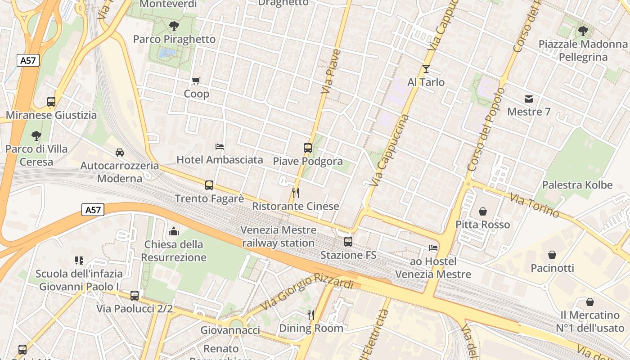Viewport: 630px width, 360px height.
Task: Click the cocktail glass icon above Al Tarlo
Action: pos(426,69)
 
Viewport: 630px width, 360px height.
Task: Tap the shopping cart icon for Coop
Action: pos(196,81)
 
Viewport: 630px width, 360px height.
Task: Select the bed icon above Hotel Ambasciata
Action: pos(220,147)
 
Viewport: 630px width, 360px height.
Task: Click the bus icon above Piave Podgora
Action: pos(308,148)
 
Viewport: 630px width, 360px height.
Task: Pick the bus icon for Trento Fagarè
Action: pos(209,185)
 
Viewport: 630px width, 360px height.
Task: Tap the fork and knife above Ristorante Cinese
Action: pos(296,193)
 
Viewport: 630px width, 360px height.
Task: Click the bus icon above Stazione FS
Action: pos(348,242)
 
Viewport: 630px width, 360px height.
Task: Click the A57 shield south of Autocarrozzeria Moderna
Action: pos(93,210)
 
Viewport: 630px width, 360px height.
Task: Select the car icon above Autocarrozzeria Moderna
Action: pos(120,153)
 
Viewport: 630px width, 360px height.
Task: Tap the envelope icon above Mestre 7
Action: pos(529,99)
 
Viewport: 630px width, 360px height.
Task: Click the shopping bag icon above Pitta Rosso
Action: pos(483,211)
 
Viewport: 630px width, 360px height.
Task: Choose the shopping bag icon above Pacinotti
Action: pos(552,255)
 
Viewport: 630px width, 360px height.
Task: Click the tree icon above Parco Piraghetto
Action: pos(174,26)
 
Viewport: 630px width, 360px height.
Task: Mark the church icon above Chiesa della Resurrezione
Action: pos(174,232)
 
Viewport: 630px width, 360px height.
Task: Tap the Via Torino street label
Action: pos(534,205)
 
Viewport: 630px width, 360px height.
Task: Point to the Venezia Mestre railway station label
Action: pos(279,237)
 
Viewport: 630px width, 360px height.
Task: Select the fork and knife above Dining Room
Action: pos(311,315)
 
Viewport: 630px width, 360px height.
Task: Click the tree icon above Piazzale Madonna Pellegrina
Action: pos(583,31)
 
